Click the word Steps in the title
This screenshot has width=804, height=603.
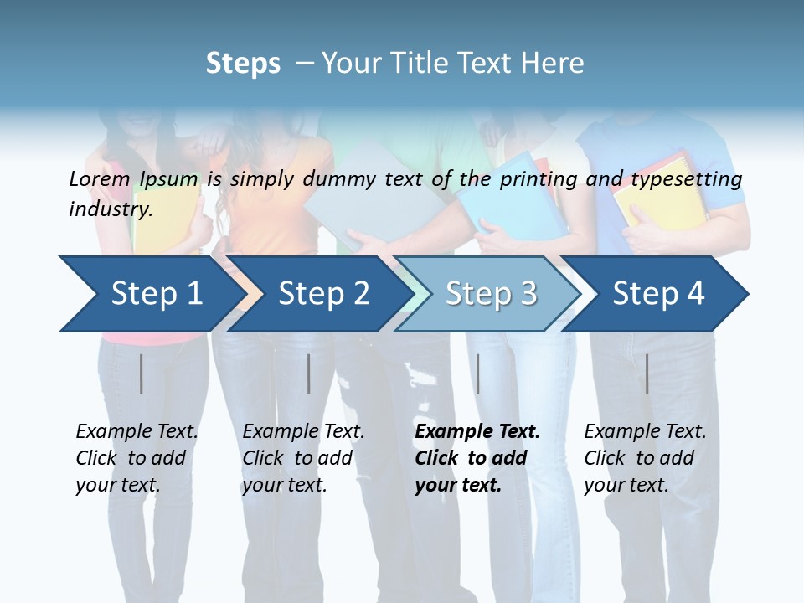(x=243, y=64)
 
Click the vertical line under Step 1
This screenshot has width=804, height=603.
(x=142, y=374)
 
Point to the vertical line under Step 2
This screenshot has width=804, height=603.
(x=309, y=374)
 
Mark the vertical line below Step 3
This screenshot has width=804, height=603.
(x=478, y=374)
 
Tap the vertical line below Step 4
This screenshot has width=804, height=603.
(x=647, y=374)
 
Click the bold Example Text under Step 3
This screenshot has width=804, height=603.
(x=477, y=458)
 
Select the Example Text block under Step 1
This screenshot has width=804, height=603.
(x=137, y=458)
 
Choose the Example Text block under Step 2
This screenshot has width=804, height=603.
(x=303, y=458)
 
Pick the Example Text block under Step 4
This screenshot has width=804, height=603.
(x=645, y=458)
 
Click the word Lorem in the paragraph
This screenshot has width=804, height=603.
(x=99, y=178)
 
